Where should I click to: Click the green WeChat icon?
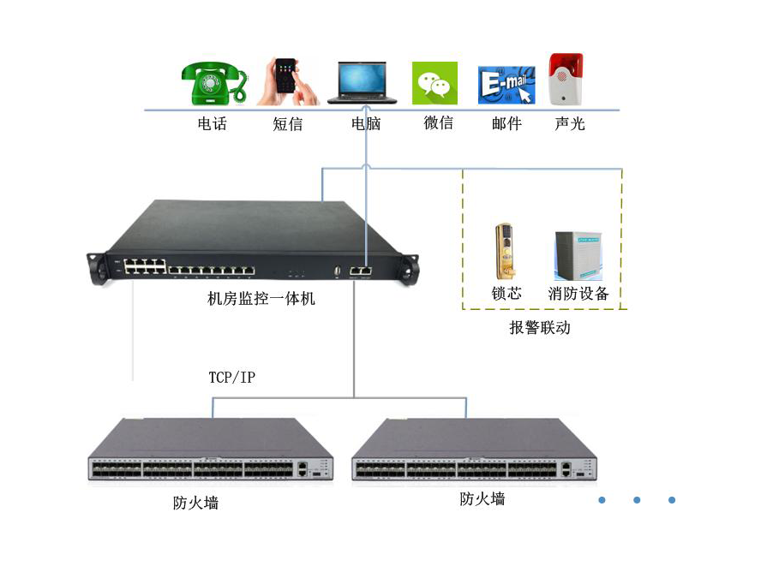pos(435,83)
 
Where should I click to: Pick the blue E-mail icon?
pos(506,84)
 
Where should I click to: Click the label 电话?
pos(213,124)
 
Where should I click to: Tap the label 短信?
pos(288,124)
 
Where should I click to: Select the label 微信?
pos(438,123)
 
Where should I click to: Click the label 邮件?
pos(506,124)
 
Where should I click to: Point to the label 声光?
pos(570,124)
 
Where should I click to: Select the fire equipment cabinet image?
pos(578,255)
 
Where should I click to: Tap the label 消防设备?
pos(578,294)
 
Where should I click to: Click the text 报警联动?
pos(540,328)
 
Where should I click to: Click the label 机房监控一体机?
pos(261,299)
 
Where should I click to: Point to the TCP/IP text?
pos(232,378)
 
